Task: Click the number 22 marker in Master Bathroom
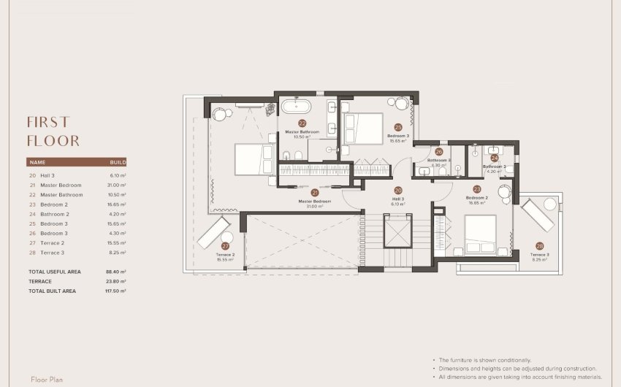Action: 302,124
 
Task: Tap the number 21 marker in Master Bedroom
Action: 315,193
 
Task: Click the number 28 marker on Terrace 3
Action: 539,246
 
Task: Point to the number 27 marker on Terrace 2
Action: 225,247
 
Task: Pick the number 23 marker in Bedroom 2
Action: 476,188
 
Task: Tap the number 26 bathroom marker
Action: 439,152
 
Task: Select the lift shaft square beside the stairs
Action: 398,231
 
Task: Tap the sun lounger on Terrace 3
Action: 538,214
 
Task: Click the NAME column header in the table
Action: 37,162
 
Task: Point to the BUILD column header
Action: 118,162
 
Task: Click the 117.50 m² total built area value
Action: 115,291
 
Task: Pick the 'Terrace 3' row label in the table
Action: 52,252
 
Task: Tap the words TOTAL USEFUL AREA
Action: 54,272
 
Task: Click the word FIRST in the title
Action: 48,122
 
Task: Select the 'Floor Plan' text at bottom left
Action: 49,380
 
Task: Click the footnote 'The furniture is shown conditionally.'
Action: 484,360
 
